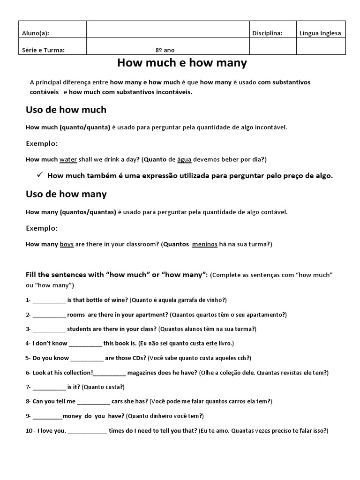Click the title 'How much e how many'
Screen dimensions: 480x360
181,63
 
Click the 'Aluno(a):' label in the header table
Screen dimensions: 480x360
36,33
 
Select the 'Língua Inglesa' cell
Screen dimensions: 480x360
321,33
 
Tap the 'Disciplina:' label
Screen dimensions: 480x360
267,33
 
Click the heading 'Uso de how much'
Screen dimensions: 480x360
66,110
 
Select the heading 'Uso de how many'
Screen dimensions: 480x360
66,194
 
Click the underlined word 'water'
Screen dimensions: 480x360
68,160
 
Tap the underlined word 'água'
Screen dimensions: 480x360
184,160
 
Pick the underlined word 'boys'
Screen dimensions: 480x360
67,244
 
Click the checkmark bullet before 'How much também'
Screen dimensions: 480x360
39,176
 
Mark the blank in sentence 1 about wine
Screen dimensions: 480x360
49,300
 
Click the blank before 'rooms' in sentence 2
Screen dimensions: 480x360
49,315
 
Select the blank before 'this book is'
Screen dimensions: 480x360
85,344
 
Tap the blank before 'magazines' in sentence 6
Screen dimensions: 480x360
109,373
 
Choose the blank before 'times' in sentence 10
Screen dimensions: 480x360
87,430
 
